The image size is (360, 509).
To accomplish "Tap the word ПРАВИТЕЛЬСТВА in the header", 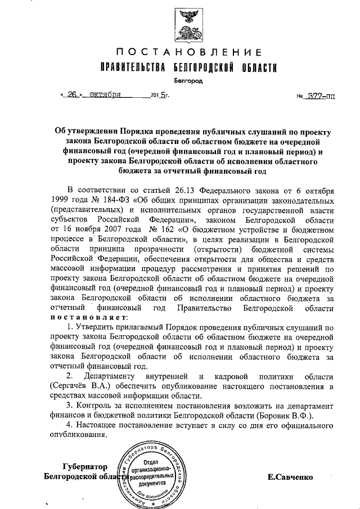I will pos(131,68).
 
